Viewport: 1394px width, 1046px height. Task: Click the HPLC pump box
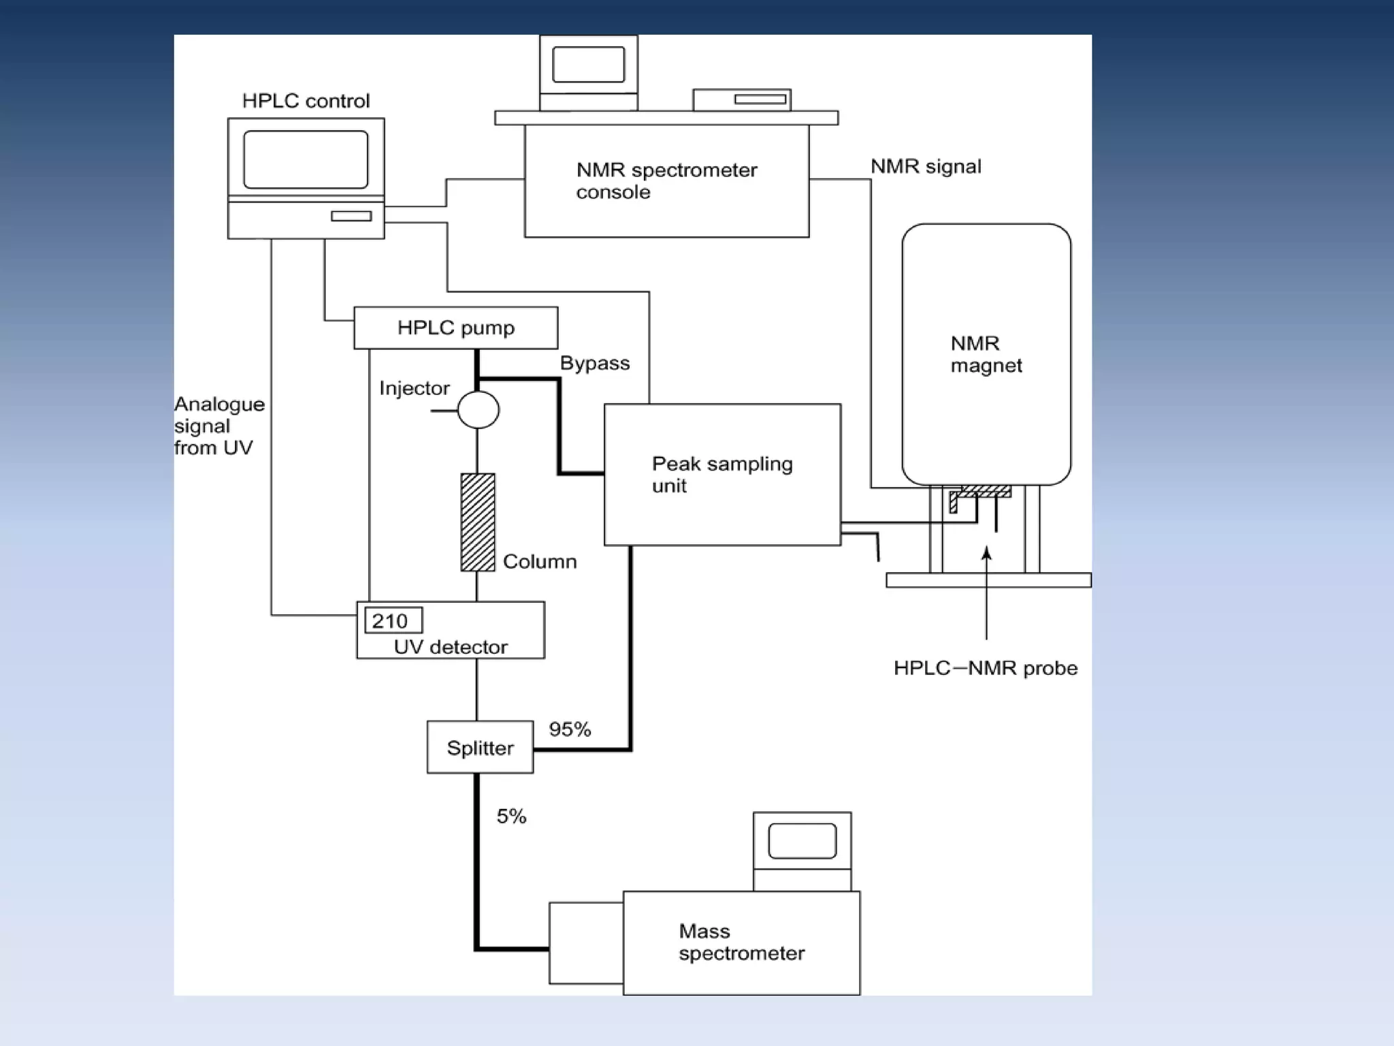455,328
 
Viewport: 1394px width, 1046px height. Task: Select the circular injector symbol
478,409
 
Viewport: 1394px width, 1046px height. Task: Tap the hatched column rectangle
478,522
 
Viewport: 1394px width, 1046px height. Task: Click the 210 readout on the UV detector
393,620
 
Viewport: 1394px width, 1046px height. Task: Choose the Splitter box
480,747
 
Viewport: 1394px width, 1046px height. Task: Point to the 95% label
570,729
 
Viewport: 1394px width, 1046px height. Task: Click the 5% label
511,816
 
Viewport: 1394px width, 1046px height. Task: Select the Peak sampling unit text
722,474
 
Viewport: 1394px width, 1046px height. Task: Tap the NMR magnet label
986,354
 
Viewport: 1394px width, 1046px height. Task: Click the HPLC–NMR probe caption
985,668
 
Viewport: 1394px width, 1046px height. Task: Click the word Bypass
594,363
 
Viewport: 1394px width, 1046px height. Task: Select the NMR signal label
926,166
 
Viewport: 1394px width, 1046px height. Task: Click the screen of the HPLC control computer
306,159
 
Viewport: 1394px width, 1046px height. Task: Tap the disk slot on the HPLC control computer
351,216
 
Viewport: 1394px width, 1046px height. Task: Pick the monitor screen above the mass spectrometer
802,841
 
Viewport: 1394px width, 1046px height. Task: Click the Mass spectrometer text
741,942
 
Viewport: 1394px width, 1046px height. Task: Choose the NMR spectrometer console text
666,180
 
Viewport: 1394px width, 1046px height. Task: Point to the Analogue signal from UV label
218,426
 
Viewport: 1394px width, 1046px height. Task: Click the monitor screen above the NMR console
588,65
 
